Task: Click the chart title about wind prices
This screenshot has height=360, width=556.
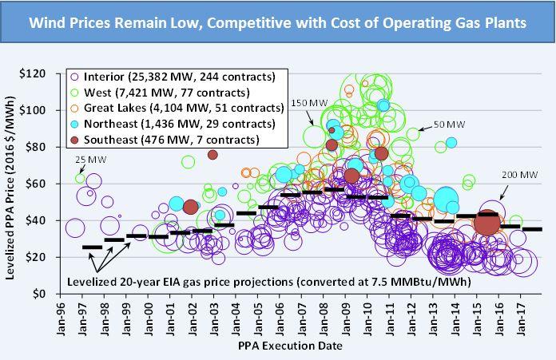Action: pos(277,24)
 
